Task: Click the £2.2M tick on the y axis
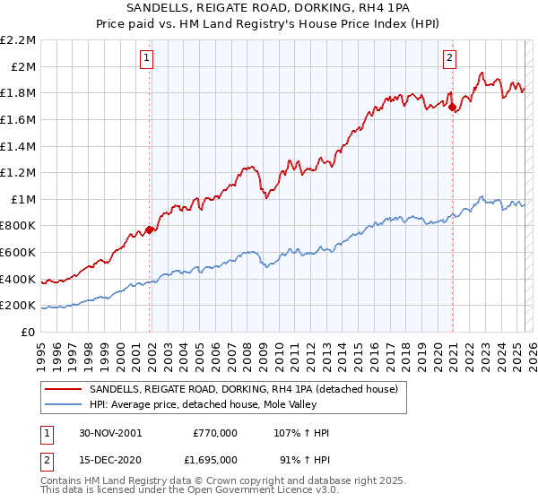[18, 40]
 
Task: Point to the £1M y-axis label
[23, 199]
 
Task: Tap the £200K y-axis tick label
[18, 306]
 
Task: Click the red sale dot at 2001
[150, 229]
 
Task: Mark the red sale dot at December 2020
[453, 108]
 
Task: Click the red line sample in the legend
[63, 389]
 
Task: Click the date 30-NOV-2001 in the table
[109, 433]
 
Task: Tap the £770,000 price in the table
[215, 433]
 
